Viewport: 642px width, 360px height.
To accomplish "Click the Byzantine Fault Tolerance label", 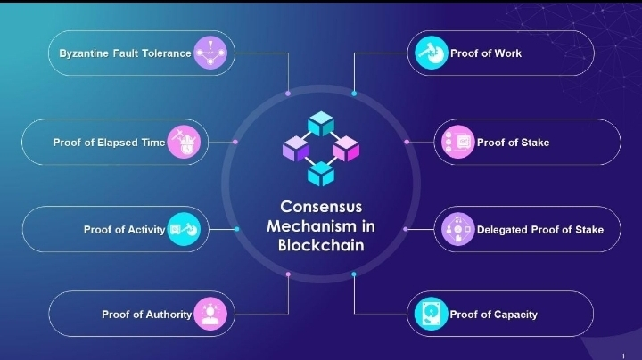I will coord(125,53).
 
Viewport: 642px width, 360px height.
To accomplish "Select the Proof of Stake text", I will coord(513,143).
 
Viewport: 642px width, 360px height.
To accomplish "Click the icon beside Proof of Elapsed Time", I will coord(184,143).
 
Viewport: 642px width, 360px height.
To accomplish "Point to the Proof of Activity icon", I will coord(184,230).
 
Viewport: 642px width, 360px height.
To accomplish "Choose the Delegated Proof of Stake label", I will coord(540,230).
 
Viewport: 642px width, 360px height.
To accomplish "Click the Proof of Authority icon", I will coord(210,314).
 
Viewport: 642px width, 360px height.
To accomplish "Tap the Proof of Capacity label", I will coord(493,315).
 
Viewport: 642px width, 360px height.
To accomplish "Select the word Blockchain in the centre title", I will coord(321,245).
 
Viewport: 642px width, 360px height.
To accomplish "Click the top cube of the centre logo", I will coord(320,123).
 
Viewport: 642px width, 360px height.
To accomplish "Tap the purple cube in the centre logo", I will coord(295,149).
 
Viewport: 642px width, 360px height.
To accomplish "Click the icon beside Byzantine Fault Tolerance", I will coord(210,53).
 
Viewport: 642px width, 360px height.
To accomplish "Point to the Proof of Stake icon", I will coord(459,143).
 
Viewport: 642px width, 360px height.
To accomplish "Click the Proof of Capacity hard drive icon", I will coord(432,314).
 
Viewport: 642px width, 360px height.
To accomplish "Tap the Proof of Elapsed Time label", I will coord(109,143).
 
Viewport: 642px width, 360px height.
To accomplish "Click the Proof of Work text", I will coord(486,53).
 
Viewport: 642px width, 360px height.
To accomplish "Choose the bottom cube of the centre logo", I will coord(320,173).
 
